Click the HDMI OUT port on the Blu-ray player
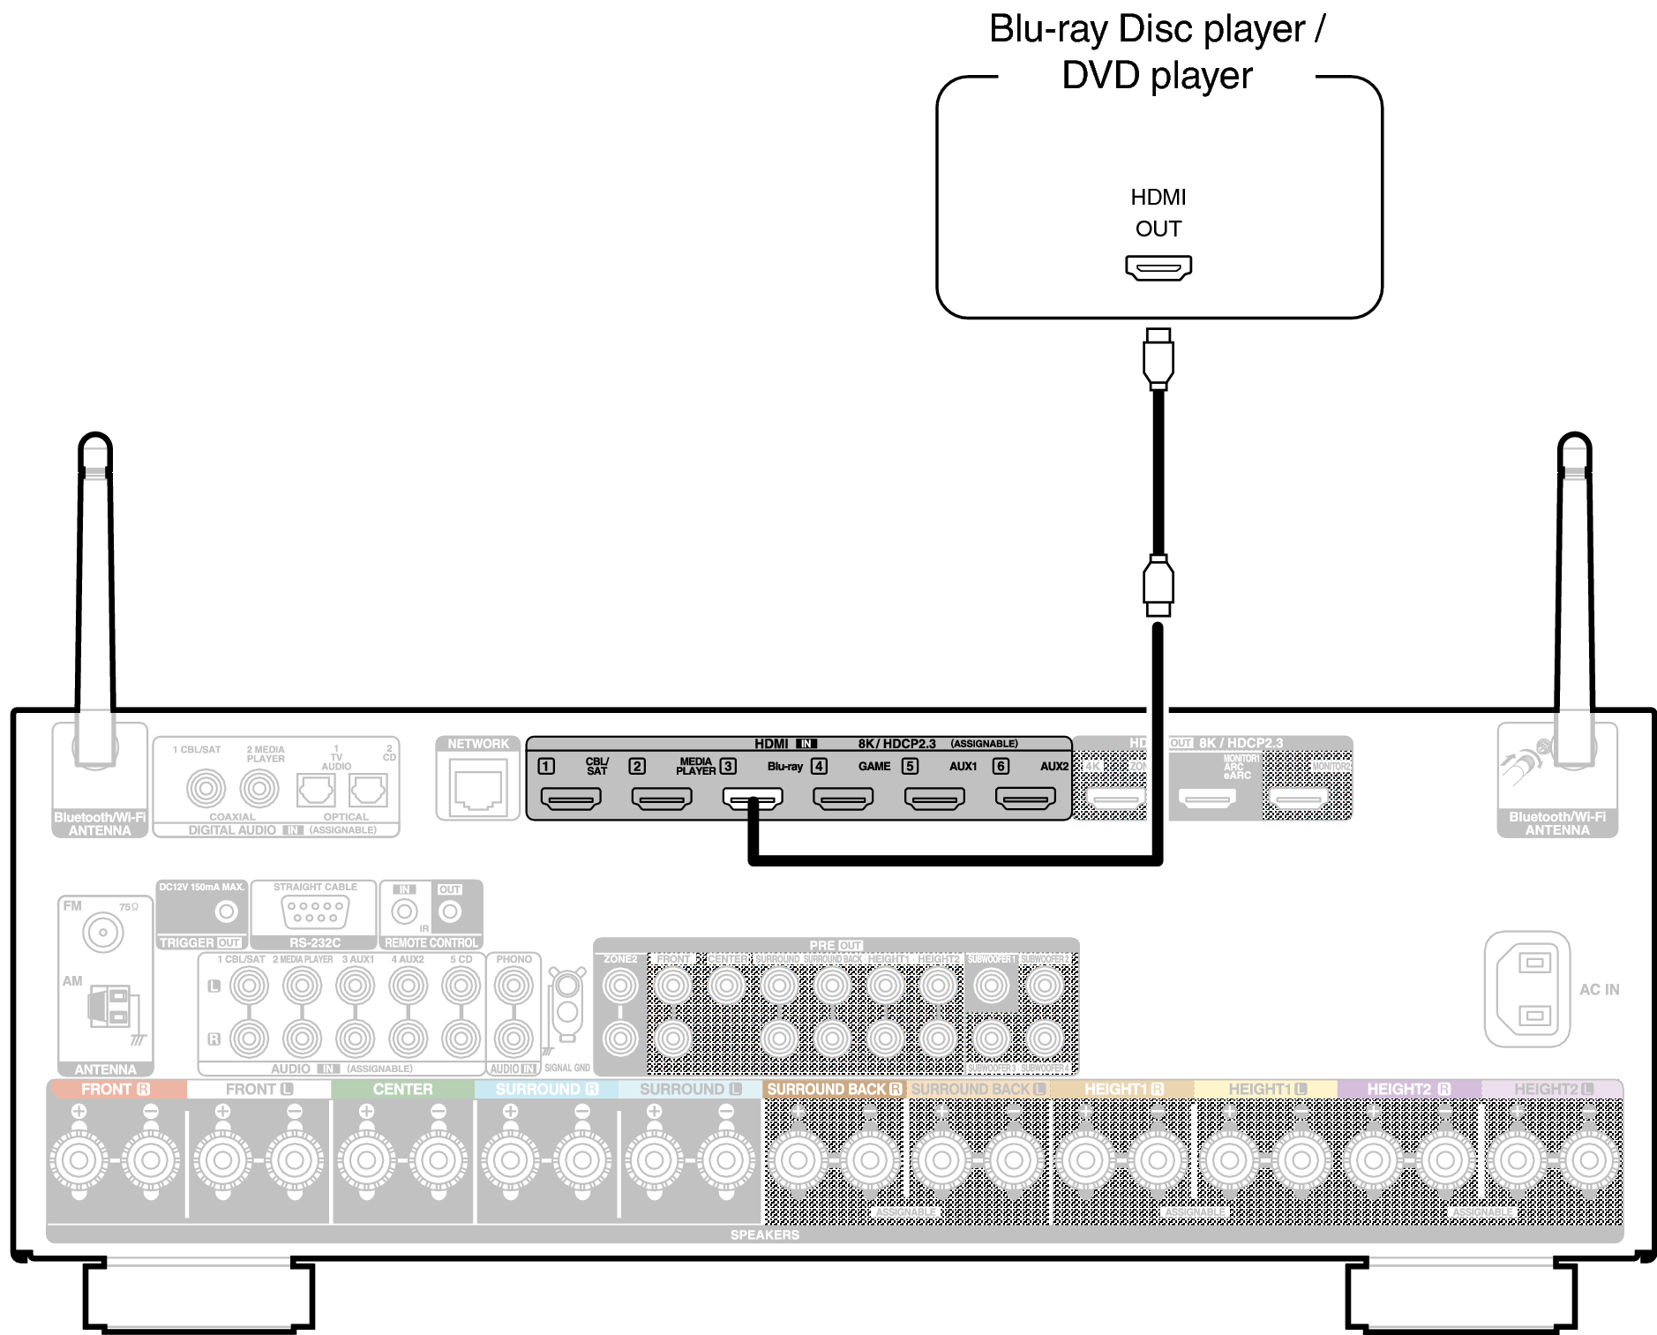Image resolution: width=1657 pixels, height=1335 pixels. click(x=1158, y=266)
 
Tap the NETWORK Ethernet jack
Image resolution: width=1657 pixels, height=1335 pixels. click(x=477, y=791)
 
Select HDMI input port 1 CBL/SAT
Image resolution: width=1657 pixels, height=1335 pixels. click(x=571, y=799)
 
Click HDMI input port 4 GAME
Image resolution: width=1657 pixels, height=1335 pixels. click(x=843, y=799)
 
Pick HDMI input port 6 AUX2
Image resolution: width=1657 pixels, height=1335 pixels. click(x=1025, y=799)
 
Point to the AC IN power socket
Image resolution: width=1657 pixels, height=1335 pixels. click(x=1533, y=989)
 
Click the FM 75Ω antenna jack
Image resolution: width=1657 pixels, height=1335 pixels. click(x=103, y=932)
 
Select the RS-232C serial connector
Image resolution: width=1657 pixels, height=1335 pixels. click(x=314, y=911)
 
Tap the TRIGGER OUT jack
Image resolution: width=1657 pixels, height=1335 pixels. click(x=226, y=911)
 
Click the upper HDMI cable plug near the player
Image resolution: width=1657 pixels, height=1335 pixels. click(x=1158, y=359)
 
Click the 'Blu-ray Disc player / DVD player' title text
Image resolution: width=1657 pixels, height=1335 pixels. click(x=1157, y=51)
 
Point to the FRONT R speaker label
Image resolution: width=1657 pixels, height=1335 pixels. click(x=116, y=1090)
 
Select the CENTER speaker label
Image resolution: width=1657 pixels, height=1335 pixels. click(x=402, y=1090)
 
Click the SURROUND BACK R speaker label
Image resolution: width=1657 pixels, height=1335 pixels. click(x=834, y=1090)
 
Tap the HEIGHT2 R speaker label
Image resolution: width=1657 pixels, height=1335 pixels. click(x=1408, y=1090)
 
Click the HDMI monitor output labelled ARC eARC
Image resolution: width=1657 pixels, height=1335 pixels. click(x=1208, y=799)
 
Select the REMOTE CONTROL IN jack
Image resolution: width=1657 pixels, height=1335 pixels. click(x=404, y=911)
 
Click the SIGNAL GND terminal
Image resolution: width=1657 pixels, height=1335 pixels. click(x=566, y=1011)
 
